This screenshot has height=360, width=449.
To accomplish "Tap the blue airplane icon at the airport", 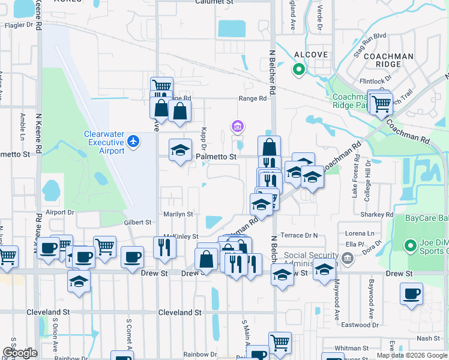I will click(x=133, y=142).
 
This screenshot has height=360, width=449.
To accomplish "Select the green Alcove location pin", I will click(x=298, y=70).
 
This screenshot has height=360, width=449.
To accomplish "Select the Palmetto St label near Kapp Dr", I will click(x=217, y=157).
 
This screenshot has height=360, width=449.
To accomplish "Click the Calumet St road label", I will click(x=214, y=2).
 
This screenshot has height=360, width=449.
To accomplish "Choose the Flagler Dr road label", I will click(x=18, y=26).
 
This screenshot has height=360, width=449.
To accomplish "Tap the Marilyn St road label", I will click(x=178, y=214).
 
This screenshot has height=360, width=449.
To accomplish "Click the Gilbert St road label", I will click(x=137, y=223).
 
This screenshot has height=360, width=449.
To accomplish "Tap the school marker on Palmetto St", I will click(x=179, y=151).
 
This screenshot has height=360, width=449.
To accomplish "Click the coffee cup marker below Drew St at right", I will click(x=411, y=294).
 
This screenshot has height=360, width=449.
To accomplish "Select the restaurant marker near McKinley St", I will click(x=164, y=246).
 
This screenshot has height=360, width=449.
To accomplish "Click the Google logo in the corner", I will click(x=20, y=353).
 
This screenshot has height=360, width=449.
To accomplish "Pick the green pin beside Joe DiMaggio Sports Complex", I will click(x=411, y=245).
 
